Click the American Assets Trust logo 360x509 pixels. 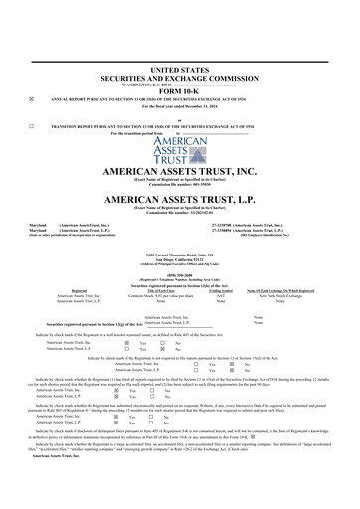179,153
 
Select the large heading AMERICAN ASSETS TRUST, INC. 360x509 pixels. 179,172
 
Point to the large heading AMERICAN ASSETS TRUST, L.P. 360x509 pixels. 179,199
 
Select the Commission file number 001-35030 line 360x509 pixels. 179,184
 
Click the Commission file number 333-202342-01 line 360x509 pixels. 179,211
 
